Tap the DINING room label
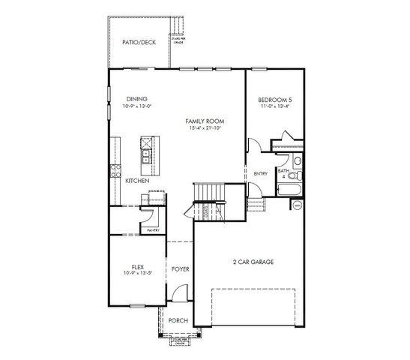click(x=136, y=98)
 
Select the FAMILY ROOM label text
click(x=206, y=121)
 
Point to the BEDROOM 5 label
click(x=275, y=98)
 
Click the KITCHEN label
click(x=136, y=181)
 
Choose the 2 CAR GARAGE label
click(x=252, y=262)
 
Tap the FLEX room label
click(x=137, y=266)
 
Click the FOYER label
click(x=180, y=268)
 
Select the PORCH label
click(x=178, y=320)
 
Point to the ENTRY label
click(x=260, y=174)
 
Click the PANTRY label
click(x=154, y=230)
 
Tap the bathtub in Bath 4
click(x=292, y=187)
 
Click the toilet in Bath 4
click(x=298, y=162)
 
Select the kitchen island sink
click(x=145, y=157)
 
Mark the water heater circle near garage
click(x=297, y=205)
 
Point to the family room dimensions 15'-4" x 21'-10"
click(x=206, y=128)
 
